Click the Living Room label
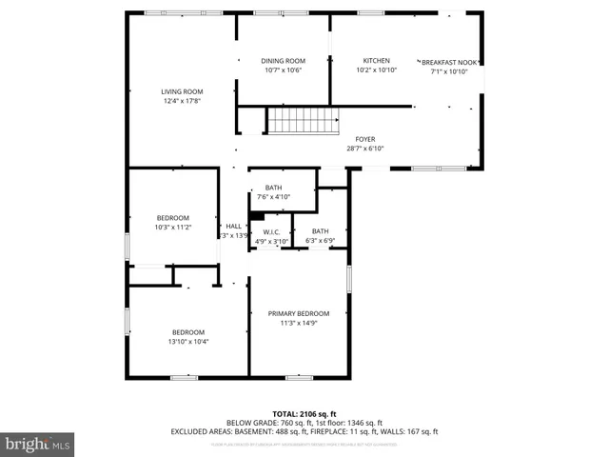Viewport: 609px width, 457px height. coord(181,91)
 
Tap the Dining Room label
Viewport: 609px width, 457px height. coord(283,61)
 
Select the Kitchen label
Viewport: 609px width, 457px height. coord(376,61)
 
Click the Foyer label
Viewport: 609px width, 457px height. coord(365,139)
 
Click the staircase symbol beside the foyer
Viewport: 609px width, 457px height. coord(302,121)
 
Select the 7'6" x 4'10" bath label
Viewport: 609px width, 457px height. coord(273,188)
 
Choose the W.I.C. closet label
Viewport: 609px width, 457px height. coord(269,231)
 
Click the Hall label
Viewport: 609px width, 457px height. coord(233,226)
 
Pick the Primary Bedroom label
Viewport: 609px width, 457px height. coord(298,313)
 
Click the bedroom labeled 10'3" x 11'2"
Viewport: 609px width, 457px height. coord(172,217)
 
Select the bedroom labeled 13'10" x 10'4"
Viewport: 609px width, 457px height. coord(187,331)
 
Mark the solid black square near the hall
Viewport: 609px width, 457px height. coord(256,215)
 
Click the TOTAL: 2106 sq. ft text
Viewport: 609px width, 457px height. coord(304,413)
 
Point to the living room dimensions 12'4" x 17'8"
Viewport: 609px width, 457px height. coord(181,101)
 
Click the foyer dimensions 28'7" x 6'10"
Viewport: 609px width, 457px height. coord(365,149)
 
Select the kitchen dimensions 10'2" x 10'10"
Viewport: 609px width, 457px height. coord(376,70)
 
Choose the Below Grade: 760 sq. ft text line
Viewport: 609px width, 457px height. coord(304,423)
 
